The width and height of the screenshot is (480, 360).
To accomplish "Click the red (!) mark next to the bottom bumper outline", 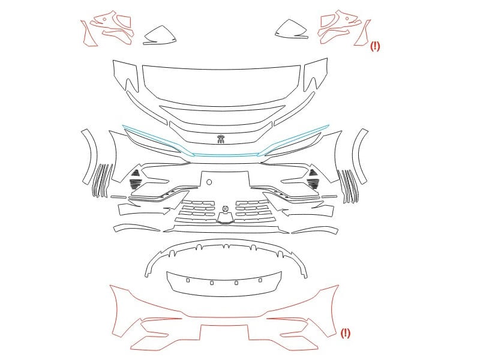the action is pyautogui.click(x=346, y=333).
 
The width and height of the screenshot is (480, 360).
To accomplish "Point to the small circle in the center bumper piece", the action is pyautogui.click(x=209, y=182).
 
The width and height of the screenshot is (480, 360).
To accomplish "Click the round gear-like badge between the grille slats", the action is pyautogui.click(x=226, y=208).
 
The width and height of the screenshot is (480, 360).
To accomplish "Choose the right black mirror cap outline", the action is pyautogui.click(x=291, y=29).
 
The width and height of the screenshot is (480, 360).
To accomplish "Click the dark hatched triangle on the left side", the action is pyautogui.click(x=136, y=173).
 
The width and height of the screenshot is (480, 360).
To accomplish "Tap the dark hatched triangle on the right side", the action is pyautogui.click(x=313, y=172).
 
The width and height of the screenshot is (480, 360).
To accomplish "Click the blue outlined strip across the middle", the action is pyautogui.click(x=226, y=155).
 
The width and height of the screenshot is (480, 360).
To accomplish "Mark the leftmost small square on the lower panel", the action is pyautogui.click(x=188, y=280).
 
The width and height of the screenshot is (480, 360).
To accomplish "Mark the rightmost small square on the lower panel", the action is pyautogui.click(x=260, y=280).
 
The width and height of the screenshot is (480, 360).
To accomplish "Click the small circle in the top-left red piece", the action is pyautogui.click(x=104, y=19).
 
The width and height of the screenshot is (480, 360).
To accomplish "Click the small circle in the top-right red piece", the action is pyautogui.click(x=347, y=18).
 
